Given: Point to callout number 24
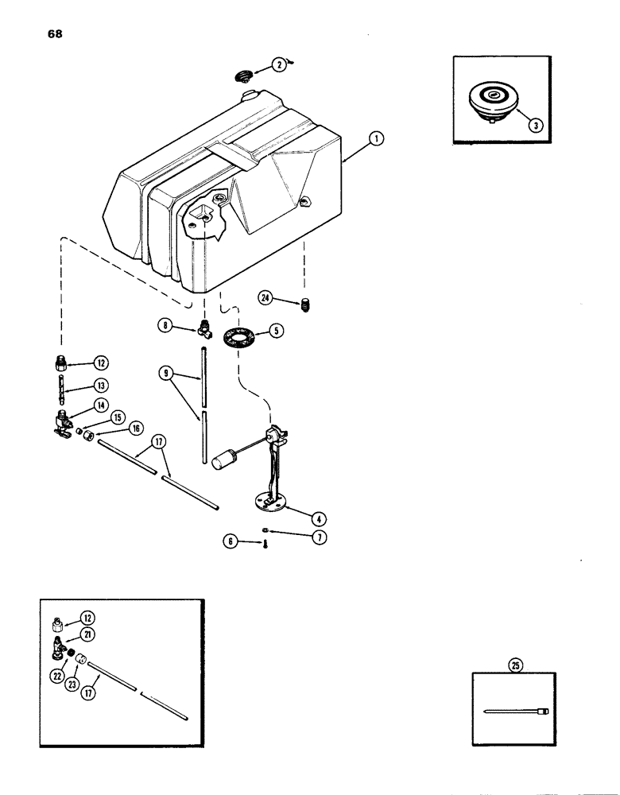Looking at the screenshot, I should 265,297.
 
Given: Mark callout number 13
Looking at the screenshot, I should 99,386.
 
